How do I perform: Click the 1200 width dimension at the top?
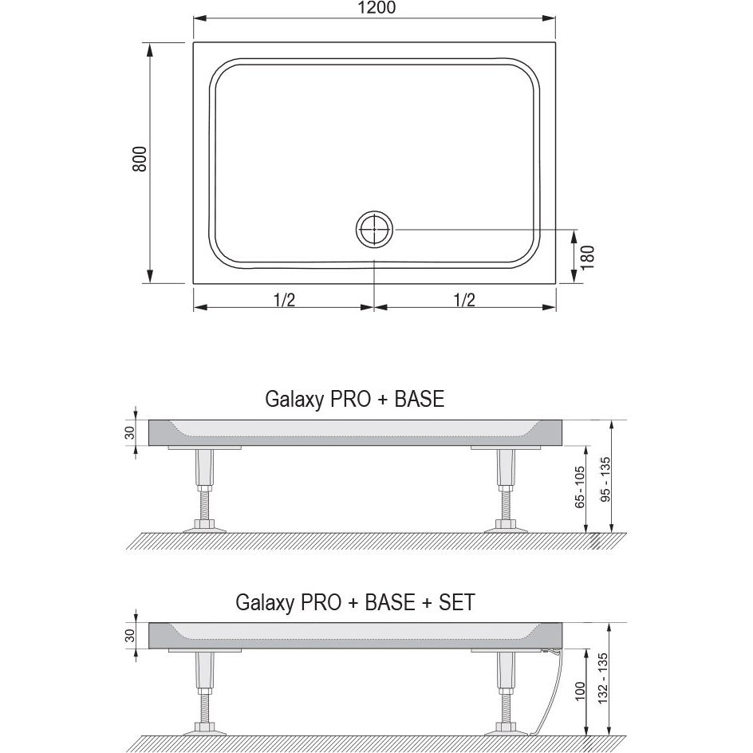(376, 8)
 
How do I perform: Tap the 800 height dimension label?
(140, 159)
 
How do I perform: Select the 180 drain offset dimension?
(588, 258)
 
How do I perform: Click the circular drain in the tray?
(374, 229)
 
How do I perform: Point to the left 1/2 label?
(284, 300)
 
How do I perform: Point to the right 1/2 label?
(464, 300)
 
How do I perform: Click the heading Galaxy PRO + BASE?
(355, 399)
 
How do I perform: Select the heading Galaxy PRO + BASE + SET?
(356, 601)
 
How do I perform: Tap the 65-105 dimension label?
(580, 487)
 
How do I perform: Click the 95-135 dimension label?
(605, 479)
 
